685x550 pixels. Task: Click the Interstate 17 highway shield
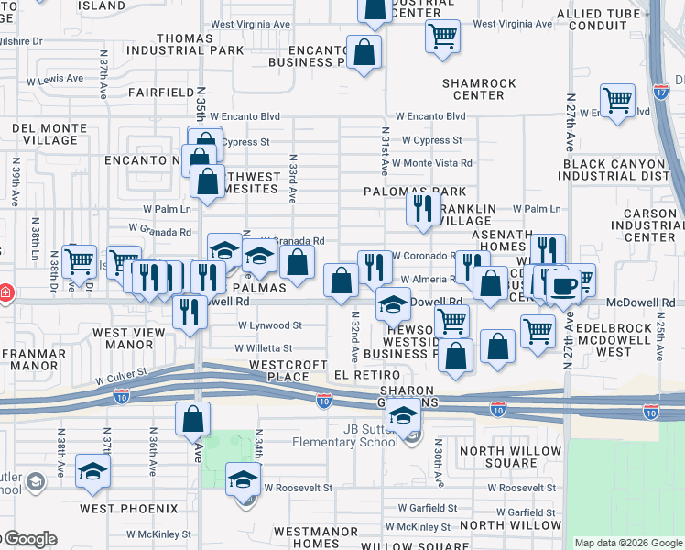point(660,91)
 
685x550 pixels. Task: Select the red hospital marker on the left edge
point(5,292)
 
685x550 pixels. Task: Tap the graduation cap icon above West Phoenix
point(92,472)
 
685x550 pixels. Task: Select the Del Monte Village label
point(43,134)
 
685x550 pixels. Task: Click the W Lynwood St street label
point(269,325)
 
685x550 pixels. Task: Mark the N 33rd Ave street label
point(294,179)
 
